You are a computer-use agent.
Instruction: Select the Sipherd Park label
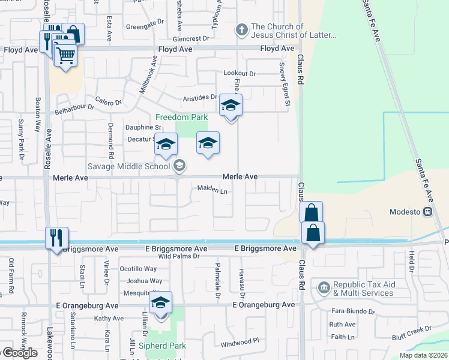[163, 346]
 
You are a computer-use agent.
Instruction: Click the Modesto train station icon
[427, 212]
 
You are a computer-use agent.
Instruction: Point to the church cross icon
[241, 29]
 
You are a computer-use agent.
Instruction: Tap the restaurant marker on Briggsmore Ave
[57, 238]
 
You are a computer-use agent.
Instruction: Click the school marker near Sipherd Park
[160, 302]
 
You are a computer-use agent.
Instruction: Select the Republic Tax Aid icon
[324, 287]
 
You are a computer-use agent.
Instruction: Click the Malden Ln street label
[212, 191]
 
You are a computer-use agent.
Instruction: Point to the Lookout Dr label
[240, 73]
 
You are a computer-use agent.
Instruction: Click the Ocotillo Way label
[138, 269]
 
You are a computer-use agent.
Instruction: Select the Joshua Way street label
[144, 281]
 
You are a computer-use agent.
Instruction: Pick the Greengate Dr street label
[145, 23]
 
